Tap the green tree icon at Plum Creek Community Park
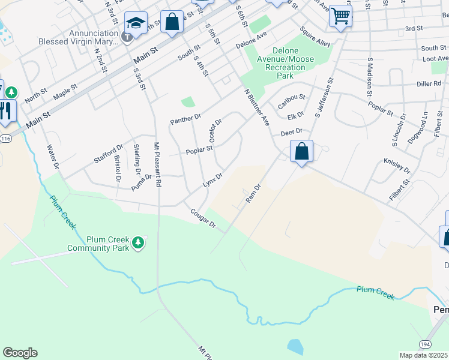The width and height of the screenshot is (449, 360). pos(139,242)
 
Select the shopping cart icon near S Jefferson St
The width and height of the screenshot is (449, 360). pos(340,16)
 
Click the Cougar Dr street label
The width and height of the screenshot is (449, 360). pos(203,218)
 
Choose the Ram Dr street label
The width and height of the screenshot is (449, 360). pos(252,193)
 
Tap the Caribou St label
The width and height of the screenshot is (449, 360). pos(292,101)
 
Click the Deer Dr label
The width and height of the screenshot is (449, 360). pos(291,132)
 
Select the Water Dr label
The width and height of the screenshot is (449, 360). pos(53,155)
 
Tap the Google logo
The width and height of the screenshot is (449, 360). pos(20,353)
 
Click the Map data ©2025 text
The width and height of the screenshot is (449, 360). pos(423,355)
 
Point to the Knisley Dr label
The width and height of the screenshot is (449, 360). pos(396,166)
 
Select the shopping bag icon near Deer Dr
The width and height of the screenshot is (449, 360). pos(302,152)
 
